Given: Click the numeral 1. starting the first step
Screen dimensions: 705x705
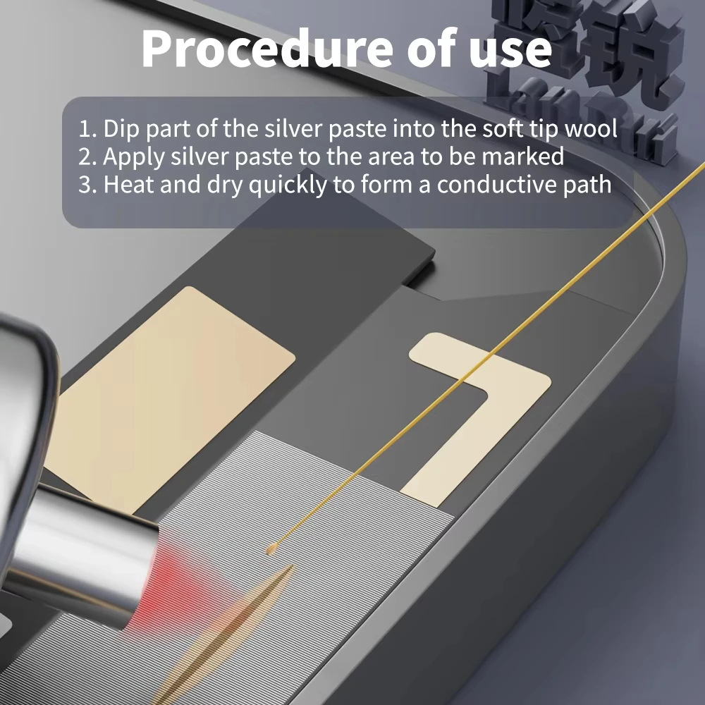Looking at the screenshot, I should click(87, 129).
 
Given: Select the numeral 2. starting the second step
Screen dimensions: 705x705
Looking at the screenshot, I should click(88, 157).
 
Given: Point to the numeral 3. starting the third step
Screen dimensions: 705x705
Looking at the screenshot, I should click(88, 185).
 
